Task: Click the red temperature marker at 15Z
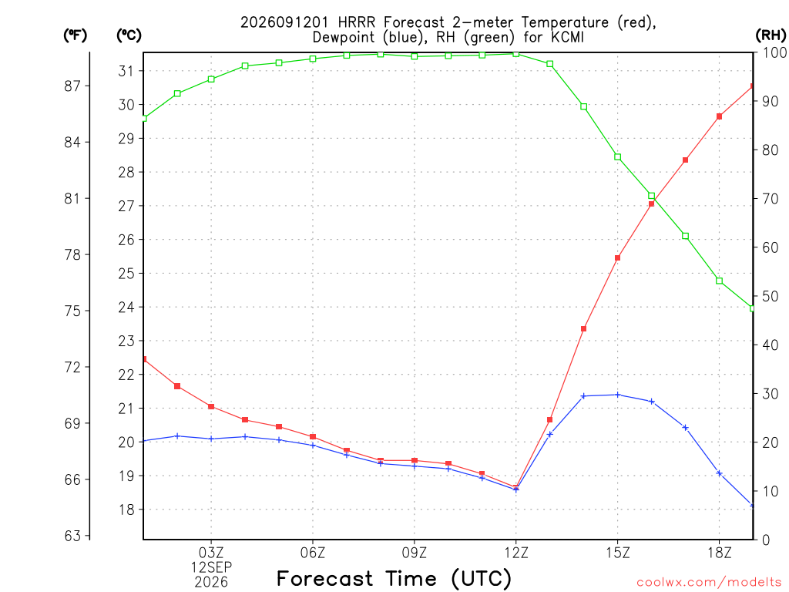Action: [617, 257]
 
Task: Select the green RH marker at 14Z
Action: [584, 106]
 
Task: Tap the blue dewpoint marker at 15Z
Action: [617, 395]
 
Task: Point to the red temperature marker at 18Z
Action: [719, 116]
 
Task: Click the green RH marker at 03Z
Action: [211, 79]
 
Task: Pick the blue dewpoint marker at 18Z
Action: [719, 473]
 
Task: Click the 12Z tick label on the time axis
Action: [515, 553]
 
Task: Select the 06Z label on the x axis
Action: [313, 553]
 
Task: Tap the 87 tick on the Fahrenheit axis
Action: [72, 86]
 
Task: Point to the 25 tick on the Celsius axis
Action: [126, 274]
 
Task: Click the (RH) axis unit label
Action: [771, 35]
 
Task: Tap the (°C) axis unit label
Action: [129, 35]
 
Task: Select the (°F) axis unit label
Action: [75, 35]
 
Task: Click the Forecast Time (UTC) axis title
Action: [394, 578]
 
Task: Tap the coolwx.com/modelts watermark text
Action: [709, 583]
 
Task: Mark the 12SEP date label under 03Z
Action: [211, 567]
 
